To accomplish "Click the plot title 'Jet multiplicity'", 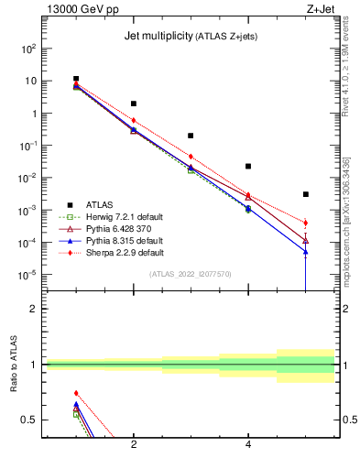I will point(155,37).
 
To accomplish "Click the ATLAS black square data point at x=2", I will point(134,104).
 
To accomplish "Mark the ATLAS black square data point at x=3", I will point(191,136).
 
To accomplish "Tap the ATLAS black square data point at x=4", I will point(248,167).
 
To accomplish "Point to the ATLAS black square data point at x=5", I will point(305,194).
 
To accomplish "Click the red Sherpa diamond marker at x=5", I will point(305,223).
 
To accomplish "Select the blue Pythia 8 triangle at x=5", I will point(305,251).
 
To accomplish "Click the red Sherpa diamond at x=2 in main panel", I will point(134,120).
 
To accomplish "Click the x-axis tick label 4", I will point(248,444).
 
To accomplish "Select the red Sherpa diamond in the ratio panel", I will point(76,393).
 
